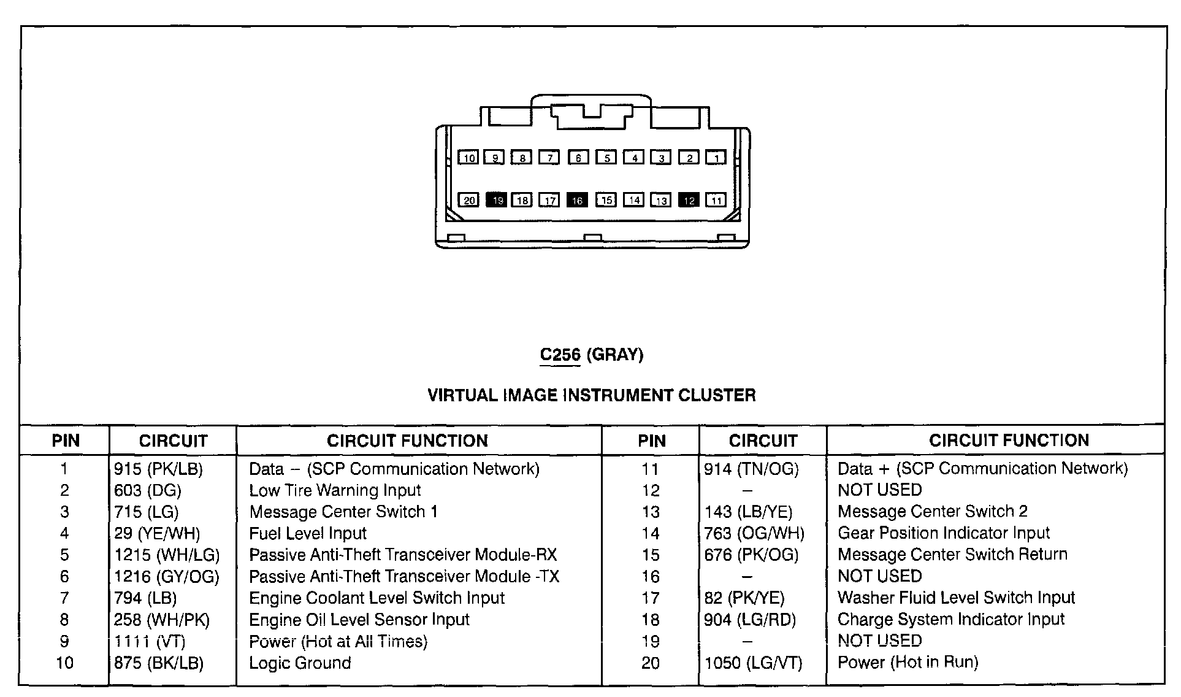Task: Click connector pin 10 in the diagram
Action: [x=469, y=158]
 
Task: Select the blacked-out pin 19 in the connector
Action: [x=497, y=200]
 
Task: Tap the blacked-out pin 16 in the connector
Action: [x=577, y=200]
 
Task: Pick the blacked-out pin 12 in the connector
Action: [x=689, y=200]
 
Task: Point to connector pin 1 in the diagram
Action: [x=716, y=158]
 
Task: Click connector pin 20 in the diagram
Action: [x=469, y=200]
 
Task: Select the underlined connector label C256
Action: [x=560, y=355]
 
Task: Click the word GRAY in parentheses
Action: [x=615, y=355]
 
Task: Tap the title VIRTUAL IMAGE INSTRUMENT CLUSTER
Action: [x=591, y=395]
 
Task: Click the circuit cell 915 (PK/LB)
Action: [x=158, y=469]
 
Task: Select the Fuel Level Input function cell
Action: [x=308, y=534]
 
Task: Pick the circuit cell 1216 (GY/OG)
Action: [x=167, y=577]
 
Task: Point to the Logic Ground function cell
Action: [x=300, y=663]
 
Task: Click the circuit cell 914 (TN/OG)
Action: [x=752, y=469]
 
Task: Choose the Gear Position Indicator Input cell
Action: [x=944, y=533]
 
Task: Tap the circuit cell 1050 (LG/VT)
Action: [x=753, y=663]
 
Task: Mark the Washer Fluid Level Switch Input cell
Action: [x=956, y=598]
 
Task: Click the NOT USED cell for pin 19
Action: [x=879, y=641]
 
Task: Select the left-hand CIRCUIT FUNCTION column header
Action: [x=407, y=441]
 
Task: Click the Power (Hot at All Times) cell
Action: [x=338, y=642]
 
